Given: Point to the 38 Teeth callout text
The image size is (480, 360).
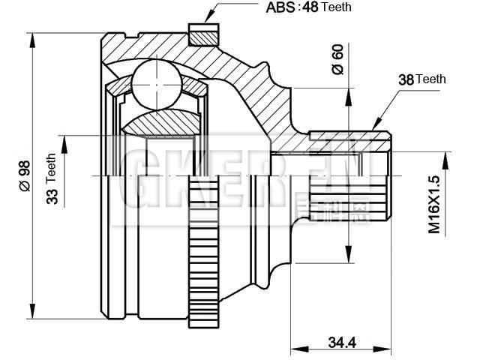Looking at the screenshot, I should (421, 79).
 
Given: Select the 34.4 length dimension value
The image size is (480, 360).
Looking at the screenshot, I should (340, 343).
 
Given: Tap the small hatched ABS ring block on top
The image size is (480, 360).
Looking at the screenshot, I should (202, 34).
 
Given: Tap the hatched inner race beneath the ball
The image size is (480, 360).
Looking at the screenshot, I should (161, 121).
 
